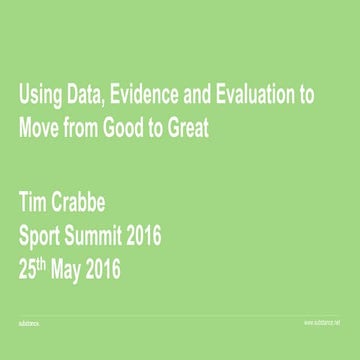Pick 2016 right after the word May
[x=127, y=270]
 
